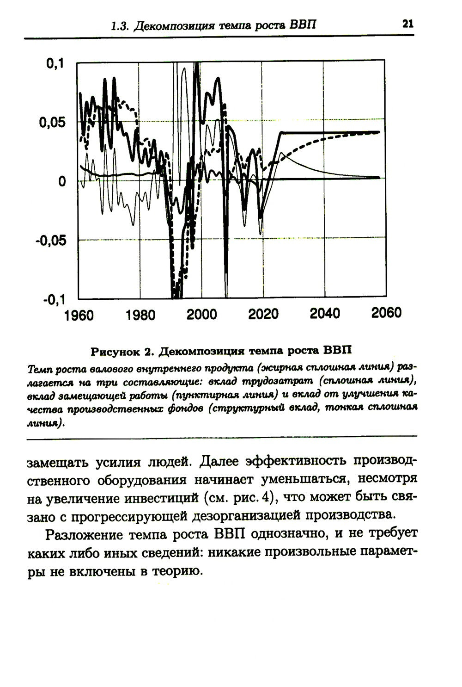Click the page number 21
point(407,24)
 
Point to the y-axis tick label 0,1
point(55,65)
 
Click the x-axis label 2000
point(202,315)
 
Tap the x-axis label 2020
point(263,315)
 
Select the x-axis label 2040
point(325,314)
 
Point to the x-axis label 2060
point(386,313)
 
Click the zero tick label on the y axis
point(61,182)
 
